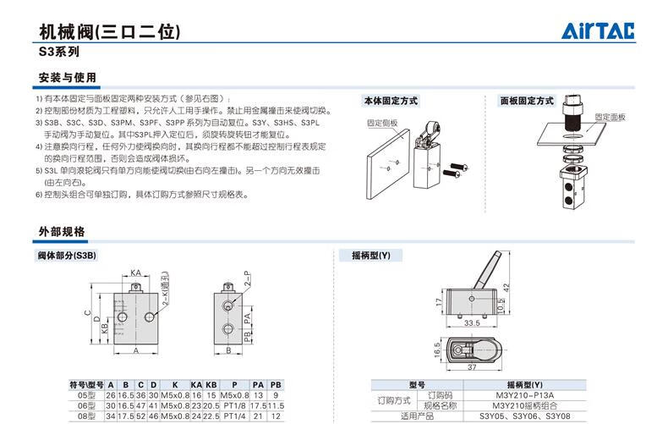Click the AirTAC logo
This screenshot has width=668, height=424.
(599, 32)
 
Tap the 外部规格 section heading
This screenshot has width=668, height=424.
(62, 232)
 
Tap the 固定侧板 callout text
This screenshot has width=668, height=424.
(382, 123)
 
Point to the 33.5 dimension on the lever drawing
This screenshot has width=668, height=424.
(472, 322)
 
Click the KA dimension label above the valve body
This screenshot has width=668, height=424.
(135, 273)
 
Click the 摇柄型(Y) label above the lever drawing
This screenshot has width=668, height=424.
(371, 255)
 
